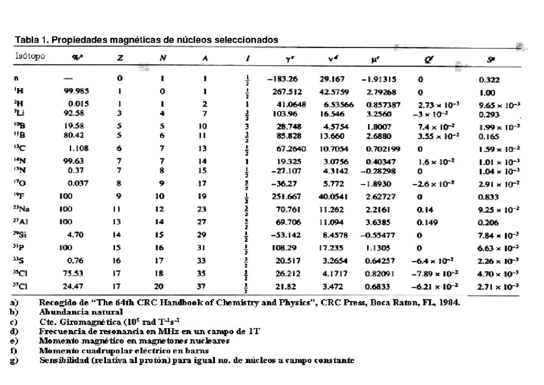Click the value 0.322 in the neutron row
coord(489,80)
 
